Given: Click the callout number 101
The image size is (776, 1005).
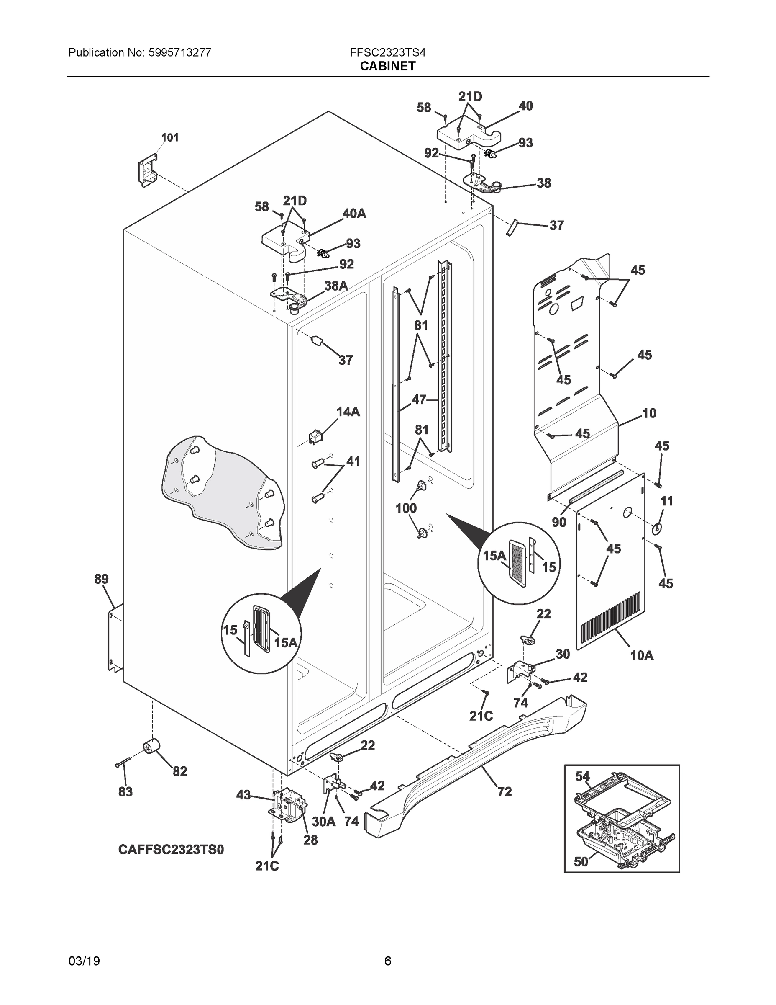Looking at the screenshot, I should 170,138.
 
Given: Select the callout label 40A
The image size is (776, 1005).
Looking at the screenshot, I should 354,214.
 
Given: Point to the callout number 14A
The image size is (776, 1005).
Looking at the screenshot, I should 348,412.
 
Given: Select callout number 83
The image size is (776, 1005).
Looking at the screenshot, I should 125,791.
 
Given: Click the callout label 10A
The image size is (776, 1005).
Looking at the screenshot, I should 641,655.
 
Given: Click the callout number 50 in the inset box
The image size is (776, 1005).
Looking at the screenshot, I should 581,861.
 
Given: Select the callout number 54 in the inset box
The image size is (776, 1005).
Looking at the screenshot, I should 582,777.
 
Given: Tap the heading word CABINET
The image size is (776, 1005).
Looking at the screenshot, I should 387,66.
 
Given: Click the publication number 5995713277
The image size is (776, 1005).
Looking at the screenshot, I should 180,52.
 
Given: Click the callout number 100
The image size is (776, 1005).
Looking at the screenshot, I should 406,508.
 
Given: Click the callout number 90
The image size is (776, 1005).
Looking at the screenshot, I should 558,522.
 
